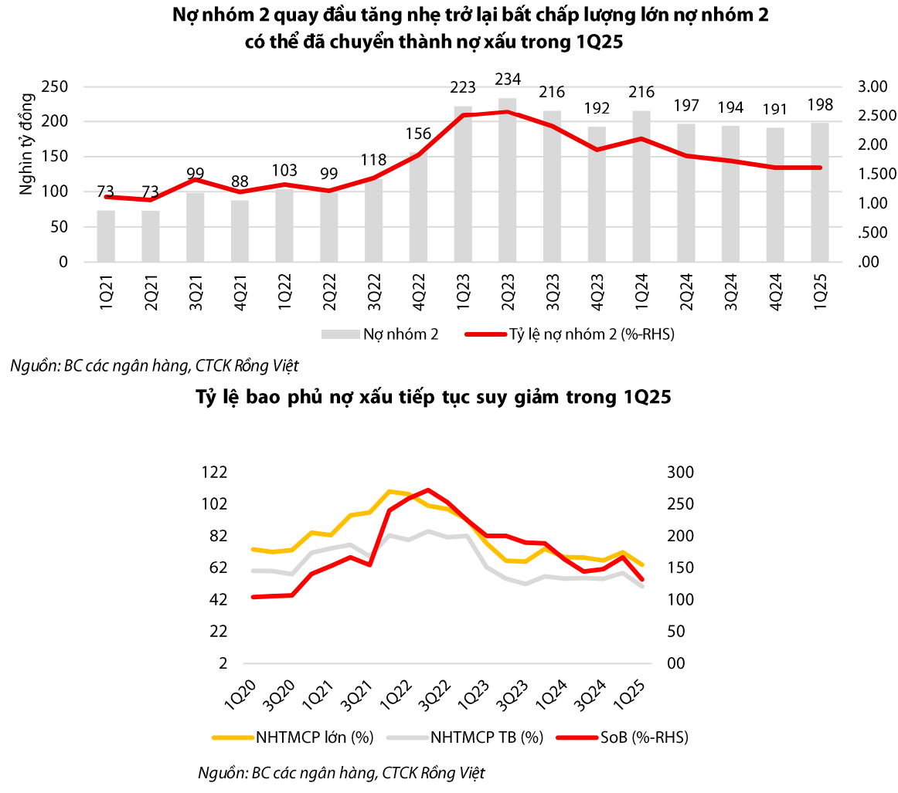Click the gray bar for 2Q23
(508, 181)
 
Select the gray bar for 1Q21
(106, 236)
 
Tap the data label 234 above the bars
(508, 79)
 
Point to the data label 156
(418, 134)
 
